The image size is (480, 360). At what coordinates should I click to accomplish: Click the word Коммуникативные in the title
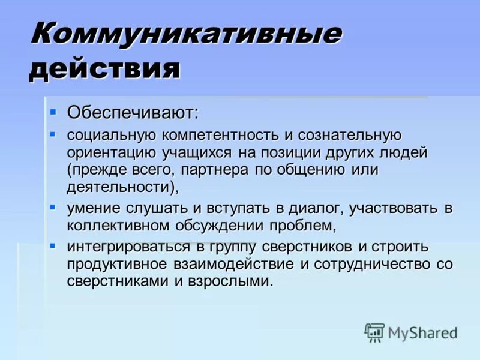pos(186,35)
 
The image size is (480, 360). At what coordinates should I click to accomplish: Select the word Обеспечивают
pos(132,112)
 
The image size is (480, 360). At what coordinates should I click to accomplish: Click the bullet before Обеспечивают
pos(53,111)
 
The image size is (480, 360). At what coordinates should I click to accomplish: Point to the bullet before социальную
pos(53,134)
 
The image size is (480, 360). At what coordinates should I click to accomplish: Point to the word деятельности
pos(121,187)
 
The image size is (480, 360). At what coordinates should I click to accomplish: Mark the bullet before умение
pos(53,207)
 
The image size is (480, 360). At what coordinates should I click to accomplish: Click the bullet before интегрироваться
pos(53,245)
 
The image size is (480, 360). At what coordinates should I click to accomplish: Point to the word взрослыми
pos(231,281)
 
